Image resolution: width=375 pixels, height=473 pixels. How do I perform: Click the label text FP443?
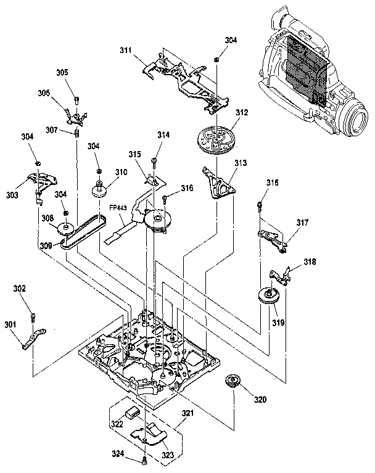(x=119, y=208)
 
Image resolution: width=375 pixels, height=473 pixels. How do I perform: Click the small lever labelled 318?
(x=281, y=271)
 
